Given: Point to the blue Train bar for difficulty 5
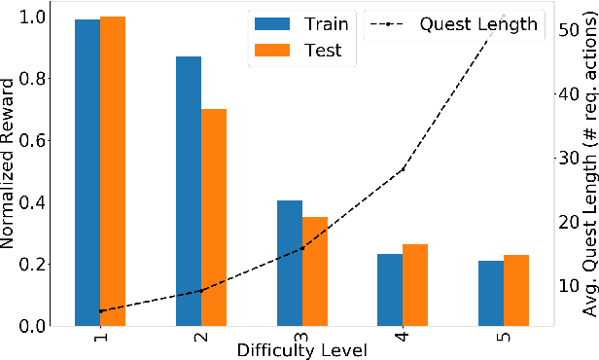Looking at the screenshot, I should (x=491, y=293).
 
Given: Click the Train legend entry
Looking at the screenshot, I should (x=301, y=23).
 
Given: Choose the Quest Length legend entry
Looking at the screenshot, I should (x=453, y=23).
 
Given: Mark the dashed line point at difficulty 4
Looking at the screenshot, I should (x=403, y=169).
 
